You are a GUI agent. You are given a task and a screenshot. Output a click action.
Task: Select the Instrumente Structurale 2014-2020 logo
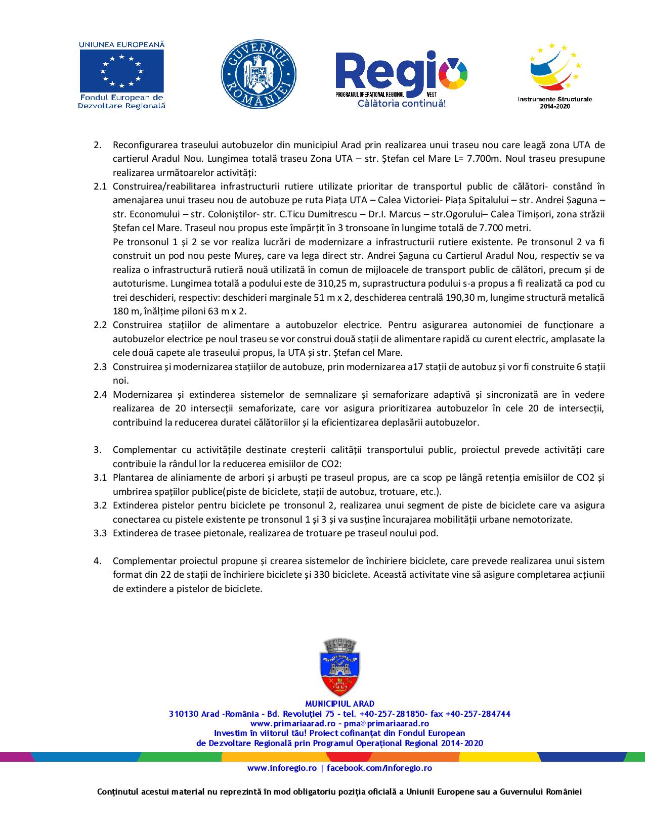pyautogui.click(x=554, y=71)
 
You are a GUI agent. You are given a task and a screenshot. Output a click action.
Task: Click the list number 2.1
pyautogui.click(x=100, y=187)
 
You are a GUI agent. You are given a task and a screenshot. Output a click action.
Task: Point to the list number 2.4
pyautogui.click(x=100, y=394)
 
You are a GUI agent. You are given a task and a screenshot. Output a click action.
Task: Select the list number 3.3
pyautogui.click(x=100, y=533)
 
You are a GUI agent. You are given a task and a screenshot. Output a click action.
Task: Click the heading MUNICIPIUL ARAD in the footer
pyautogui.click(x=340, y=704)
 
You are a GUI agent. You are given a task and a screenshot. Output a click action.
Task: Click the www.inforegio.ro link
pyautogui.click(x=281, y=768)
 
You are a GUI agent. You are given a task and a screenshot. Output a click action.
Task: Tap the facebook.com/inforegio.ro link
pyautogui.click(x=379, y=768)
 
